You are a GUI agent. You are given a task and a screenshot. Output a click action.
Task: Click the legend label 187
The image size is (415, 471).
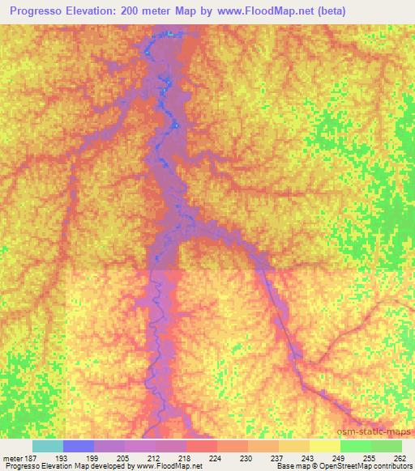(x=33, y=457)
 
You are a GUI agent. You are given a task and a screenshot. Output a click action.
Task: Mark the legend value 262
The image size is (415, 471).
(x=400, y=457)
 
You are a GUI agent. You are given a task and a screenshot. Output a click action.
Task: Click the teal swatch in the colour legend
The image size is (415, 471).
(x=48, y=446)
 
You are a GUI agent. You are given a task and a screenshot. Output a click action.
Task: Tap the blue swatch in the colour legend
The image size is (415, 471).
(x=79, y=446)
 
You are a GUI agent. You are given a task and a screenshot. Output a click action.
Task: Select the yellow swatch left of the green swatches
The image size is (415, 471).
(x=325, y=446)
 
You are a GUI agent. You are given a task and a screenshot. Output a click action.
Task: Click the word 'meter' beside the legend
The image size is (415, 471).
(x=13, y=457)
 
